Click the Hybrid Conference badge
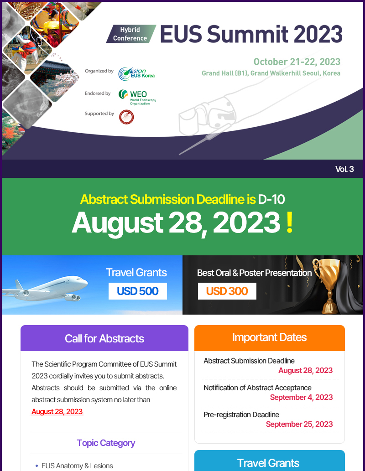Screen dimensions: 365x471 [131, 34]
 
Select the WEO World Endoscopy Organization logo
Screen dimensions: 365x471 [137, 97]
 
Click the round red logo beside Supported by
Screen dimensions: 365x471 [126, 117]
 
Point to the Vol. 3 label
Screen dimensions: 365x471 [344, 169]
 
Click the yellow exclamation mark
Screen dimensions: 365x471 [290, 223]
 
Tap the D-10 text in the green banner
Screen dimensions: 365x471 [271, 199]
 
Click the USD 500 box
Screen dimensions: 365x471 [138, 291]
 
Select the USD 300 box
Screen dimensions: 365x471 [227, 291]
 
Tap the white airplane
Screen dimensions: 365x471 [45, 288]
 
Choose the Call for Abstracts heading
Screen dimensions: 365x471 [104, 338]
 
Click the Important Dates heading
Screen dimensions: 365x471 [269, 337]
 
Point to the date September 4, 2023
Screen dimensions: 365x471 [301, 397]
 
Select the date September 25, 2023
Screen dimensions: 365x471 [299, 424]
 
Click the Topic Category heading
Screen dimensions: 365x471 [106, 443]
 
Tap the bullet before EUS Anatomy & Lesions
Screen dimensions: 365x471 [36, 466]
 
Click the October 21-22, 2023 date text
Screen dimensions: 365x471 [297, 62]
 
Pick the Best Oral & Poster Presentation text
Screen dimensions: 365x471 [254, 273]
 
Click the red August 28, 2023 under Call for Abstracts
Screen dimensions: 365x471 [57, 412]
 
